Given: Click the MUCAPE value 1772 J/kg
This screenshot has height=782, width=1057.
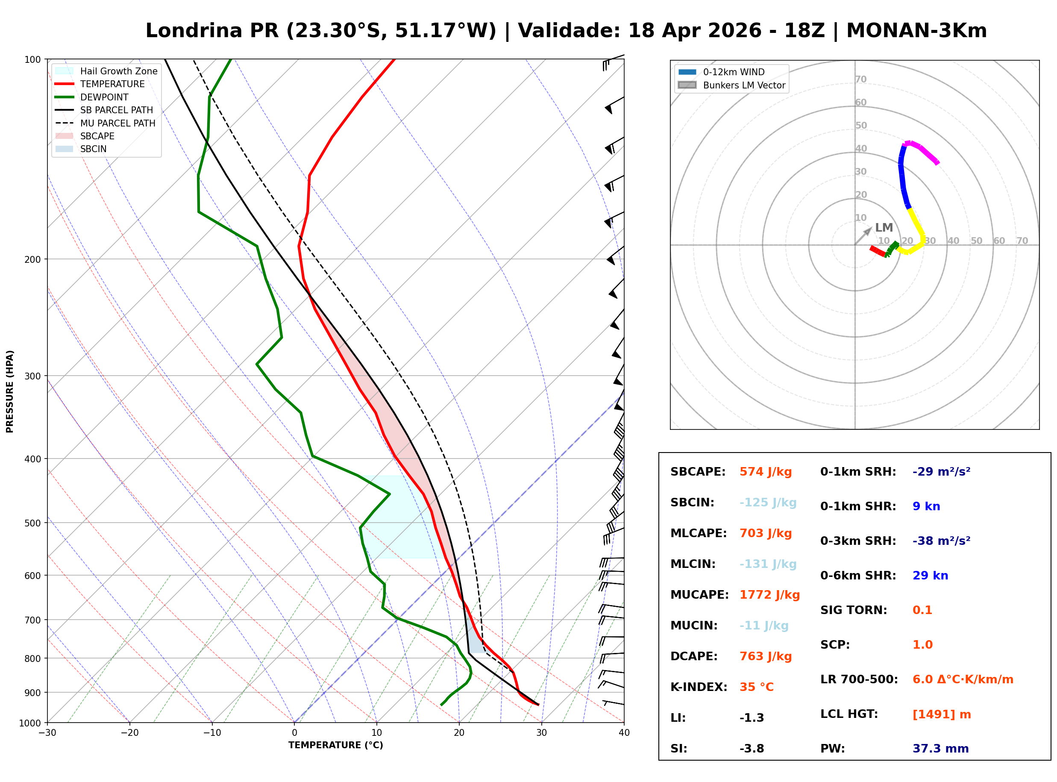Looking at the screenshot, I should pos(769,595).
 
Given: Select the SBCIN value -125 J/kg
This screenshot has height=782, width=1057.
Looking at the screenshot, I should pos(768,503).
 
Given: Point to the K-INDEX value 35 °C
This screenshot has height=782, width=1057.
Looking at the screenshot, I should pos(757,687).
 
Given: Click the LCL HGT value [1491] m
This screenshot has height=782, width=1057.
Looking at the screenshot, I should pos(942,714).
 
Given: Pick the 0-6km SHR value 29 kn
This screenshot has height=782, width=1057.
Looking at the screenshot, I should pos(930,576).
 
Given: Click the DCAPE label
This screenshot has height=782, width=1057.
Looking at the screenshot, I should pos(693,656).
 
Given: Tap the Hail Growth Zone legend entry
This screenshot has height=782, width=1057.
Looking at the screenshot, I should pos(118,71).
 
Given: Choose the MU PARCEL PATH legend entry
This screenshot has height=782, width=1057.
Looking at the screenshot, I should pos(117,123).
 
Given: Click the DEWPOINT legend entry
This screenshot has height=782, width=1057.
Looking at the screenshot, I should pos(104,97).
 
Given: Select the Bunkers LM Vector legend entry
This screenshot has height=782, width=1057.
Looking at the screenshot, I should pos(744,85).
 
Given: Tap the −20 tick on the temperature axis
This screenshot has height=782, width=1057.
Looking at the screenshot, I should pos(129,733).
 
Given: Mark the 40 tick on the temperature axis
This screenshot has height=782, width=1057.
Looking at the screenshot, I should pos(624,733).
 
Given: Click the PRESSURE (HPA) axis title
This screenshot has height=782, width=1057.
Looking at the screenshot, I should pos(10,391).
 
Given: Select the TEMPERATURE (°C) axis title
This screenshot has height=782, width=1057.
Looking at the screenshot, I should pos(335,745).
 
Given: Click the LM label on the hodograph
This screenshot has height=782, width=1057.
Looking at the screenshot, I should pos(884,228).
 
